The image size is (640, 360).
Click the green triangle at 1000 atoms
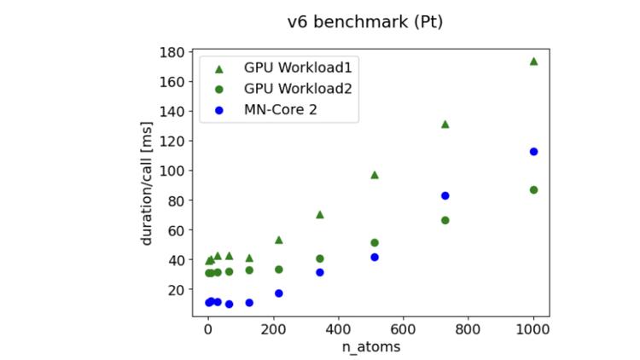(534, 61)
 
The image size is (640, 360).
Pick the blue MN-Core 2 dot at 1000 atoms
(534, 152)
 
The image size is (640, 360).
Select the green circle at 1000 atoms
(534, 189)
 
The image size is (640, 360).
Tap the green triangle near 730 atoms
(445, 125)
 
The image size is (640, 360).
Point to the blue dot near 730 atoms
(445, 195)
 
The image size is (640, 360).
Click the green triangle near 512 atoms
(375, 175)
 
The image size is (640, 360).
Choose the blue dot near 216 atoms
(278, 293)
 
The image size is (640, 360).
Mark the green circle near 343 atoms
(320, 258)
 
